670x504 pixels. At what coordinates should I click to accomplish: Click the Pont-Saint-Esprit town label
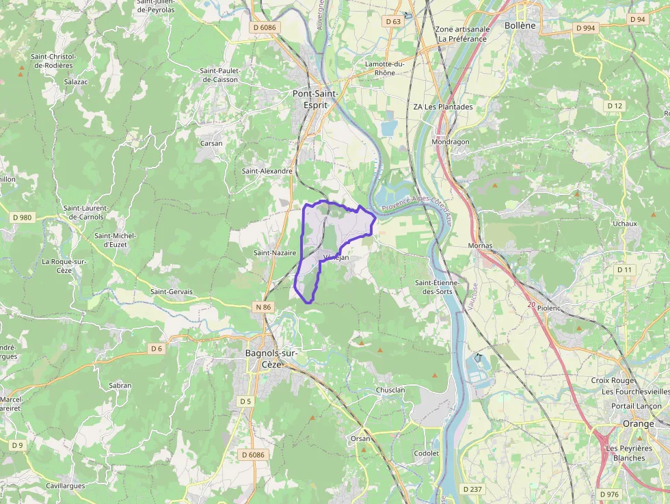tap(315, 99)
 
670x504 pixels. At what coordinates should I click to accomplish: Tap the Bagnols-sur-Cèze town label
tap(271, 358)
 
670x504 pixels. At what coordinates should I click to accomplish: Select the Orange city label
tap(638, 424)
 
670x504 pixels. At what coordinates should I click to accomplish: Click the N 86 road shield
tap(263, 307)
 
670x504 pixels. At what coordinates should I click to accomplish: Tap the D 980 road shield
tap(23, 217)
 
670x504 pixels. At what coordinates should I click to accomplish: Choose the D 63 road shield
tap(393, 21)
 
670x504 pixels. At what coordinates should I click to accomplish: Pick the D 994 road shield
tap(585, 28)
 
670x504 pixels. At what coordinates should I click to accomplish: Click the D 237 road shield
tap(472, 489)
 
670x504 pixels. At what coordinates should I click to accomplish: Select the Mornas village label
tap(480, 246)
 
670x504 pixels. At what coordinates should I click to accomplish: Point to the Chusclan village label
tap(390, 390)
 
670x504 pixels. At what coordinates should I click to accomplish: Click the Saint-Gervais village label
tap(172, 292)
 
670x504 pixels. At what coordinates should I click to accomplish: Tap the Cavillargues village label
tap(66, 486)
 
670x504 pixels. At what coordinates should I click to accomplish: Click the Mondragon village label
tap(451, 142)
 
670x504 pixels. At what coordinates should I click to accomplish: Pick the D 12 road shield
tap(615, 106)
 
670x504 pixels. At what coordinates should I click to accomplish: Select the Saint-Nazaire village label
tap(275, 253)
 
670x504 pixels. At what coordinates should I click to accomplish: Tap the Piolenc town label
tap(549, 308)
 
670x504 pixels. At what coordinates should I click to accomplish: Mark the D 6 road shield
tap(157, 349)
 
